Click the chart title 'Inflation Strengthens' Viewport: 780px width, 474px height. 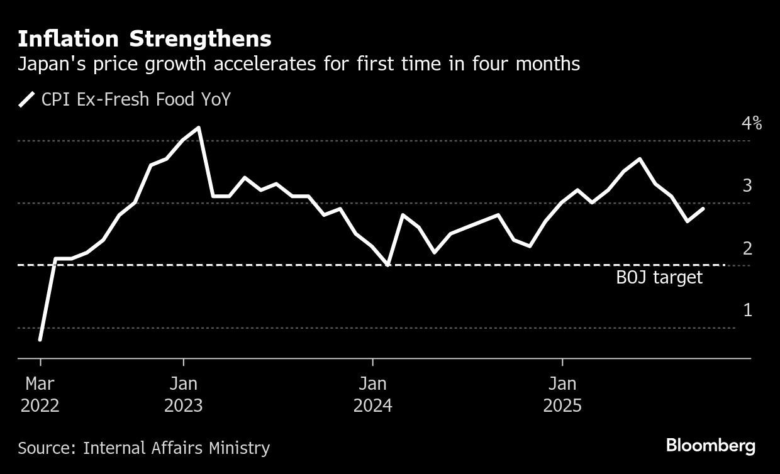point(145,39)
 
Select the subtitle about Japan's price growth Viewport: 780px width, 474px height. point(299,64)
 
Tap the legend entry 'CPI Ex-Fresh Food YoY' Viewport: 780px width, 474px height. point(136,99)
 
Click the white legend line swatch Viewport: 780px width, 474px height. point(27,99)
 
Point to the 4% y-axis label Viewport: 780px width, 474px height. point(752,123)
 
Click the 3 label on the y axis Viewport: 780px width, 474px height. point(747,185)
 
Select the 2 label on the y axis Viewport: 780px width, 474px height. point(747,248)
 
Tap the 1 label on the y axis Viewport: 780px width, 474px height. point(747,310)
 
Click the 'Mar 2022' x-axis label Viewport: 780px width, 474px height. point(40,394)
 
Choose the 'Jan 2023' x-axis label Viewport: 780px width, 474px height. point(183,394)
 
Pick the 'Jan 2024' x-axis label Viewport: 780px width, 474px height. point(373,394)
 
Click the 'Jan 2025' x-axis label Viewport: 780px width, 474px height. point(562,394)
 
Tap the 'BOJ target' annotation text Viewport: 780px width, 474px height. point(659,278)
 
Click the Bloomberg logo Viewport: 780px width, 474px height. point(711,446)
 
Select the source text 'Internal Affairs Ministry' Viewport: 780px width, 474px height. point(176,448)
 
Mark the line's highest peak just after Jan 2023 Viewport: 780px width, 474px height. point(199,128)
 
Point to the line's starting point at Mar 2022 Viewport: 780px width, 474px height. point(40,339)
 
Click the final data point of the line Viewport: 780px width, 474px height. point(703,208)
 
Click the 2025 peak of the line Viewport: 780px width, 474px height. point(640,158)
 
